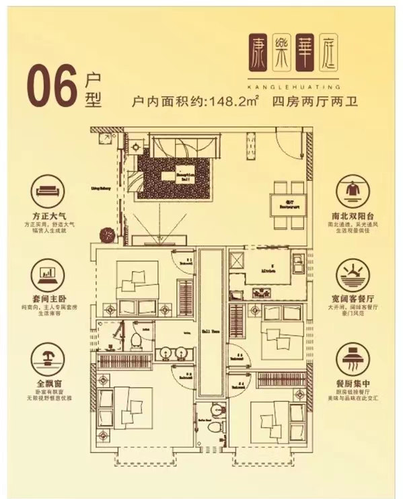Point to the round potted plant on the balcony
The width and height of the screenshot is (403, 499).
(x=106, y=235)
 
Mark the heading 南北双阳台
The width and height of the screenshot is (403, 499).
(x=355, y=217)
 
